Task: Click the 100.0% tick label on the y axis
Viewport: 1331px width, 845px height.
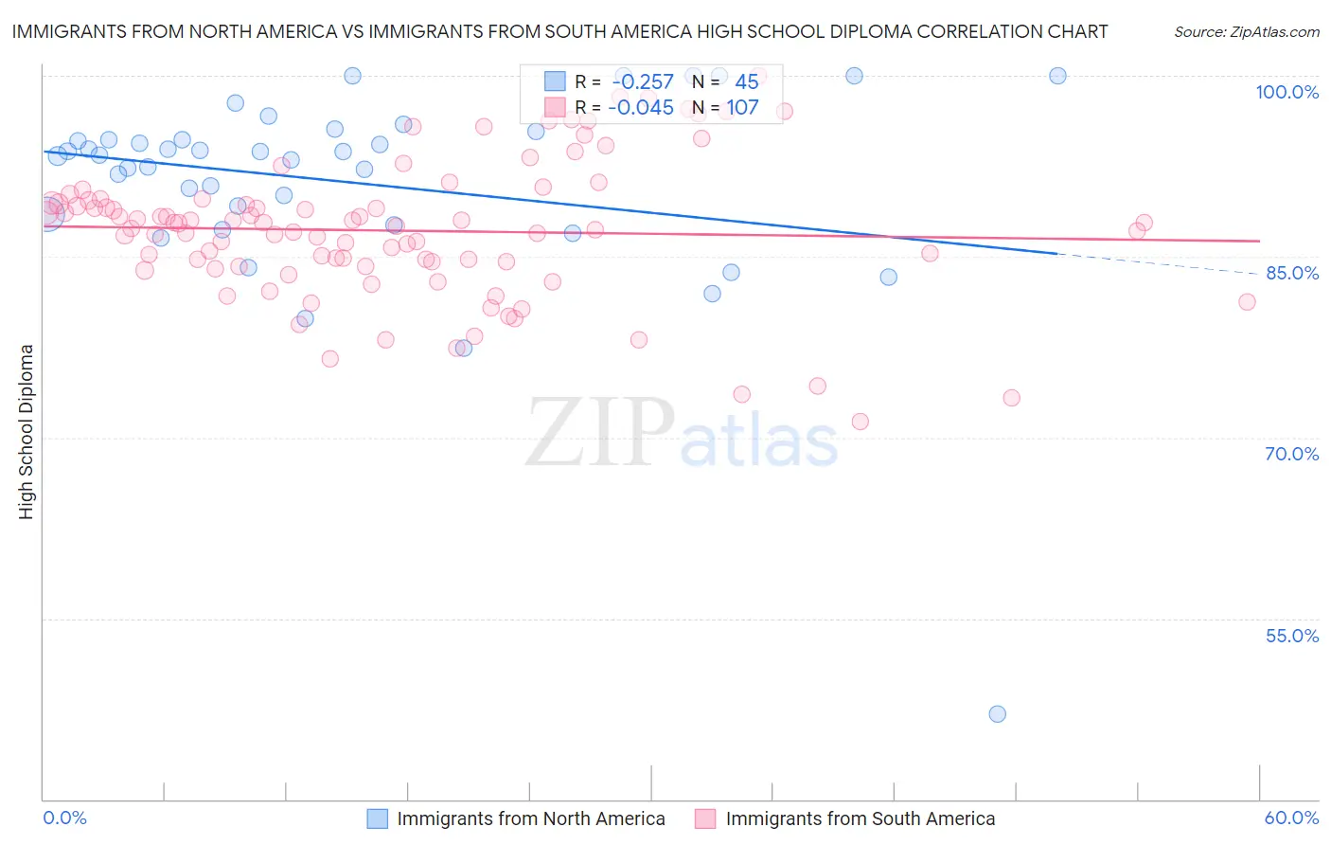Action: click(x=1287, y=92)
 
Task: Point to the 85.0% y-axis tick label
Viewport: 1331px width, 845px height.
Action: click(x=1291, y=273)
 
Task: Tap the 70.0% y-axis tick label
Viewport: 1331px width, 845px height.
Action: click(x=1291, y=454)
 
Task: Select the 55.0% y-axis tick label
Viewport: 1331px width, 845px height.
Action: click(x=1291, y=636)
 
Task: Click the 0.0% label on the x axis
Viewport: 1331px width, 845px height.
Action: click(x=64, y=818)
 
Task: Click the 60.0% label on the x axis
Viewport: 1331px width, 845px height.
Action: click(x=1291, y=818)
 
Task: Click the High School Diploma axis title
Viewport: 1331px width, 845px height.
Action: click(x=27, y=431)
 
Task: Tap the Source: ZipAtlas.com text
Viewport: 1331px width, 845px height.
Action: click(x=1246, y=32)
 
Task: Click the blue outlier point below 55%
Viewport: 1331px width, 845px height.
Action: click(x=997, y=714)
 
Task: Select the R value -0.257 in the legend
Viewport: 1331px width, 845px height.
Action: click(x=643, y=82)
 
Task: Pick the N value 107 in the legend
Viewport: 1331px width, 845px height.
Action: click(x=742, y=108)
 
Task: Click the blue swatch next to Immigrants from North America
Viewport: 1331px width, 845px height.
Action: click(x=377, y=818)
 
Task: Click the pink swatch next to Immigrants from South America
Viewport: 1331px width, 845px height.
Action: click(x=705, y=818)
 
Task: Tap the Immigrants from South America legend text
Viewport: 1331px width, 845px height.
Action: click(x=860, y=818)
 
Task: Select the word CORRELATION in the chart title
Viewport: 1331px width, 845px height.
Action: click(x=980, y=31)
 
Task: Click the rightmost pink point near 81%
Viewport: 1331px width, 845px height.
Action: click(x=1247, y=302)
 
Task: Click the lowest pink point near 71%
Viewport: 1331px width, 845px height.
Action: click(x=860, y=422)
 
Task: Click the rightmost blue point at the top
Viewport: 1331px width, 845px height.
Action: click(x=1057, y=76)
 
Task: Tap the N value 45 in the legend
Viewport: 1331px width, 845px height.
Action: click(x=746, y=82)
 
